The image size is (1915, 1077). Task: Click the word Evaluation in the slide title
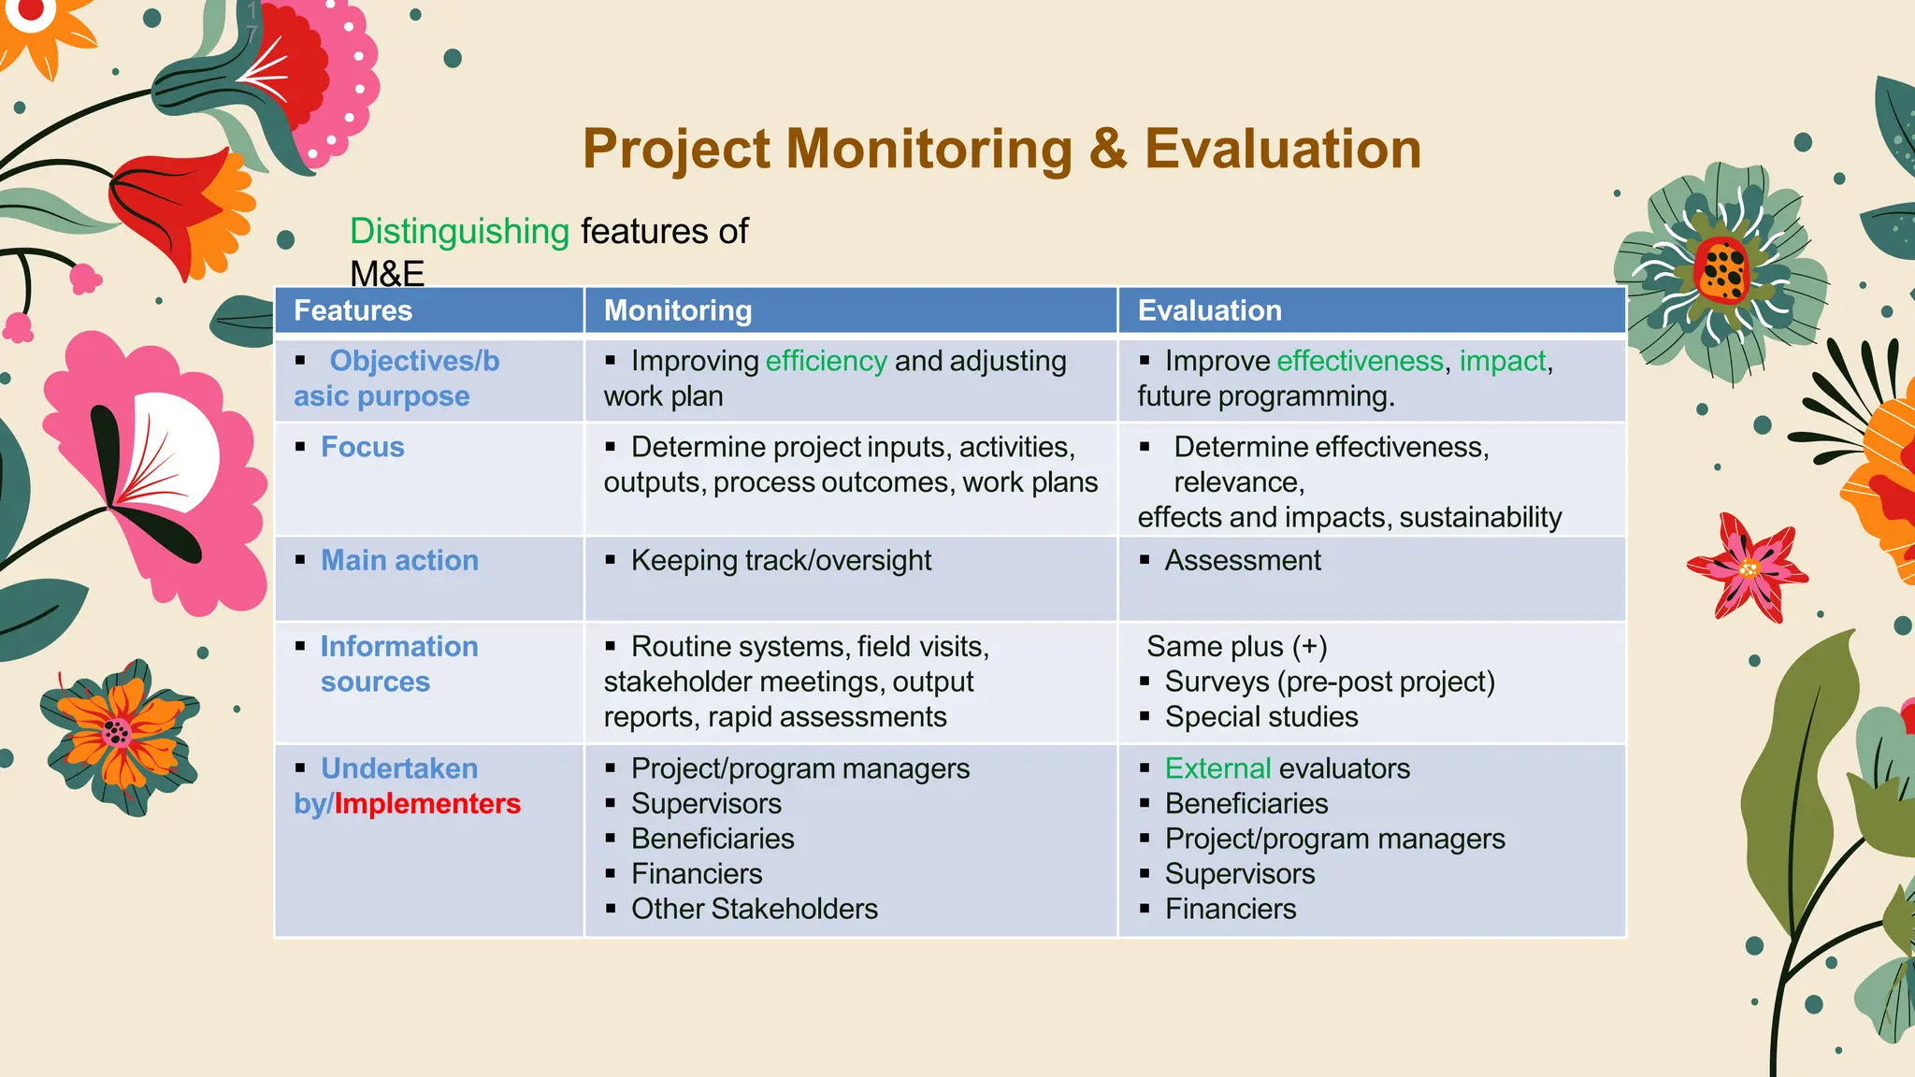(x=1282, y=150)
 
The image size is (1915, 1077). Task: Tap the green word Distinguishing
(x=459, y=231)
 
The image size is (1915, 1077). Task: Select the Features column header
(x=353, y=310)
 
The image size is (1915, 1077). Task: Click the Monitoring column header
(x=677, y=310)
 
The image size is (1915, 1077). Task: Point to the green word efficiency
(x=826, y=361)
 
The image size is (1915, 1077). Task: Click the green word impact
(x=1502, y=361)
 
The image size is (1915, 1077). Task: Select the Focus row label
(x=363, y=447)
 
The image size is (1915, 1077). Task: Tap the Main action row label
(x=399, y=560)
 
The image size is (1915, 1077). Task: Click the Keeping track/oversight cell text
(x=781, y=560)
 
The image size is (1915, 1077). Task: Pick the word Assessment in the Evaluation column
(x=1242, y=560)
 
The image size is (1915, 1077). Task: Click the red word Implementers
(x=427, y=804)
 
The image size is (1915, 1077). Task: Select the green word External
(x=1217, y=768)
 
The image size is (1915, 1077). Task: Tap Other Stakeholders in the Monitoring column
(x=754, y=909)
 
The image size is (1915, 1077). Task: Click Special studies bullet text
(x=1260, y=717)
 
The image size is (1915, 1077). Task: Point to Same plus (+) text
(x=1236, y=646)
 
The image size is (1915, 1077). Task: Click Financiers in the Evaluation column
(x=1230, y=909)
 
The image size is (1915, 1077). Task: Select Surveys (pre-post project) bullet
(x=1329, y=682)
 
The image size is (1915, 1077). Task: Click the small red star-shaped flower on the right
(x=1748, y=567)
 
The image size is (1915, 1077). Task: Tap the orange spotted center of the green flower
(x=1721, y=270)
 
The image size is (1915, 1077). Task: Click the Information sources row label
(x=399, y=664)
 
